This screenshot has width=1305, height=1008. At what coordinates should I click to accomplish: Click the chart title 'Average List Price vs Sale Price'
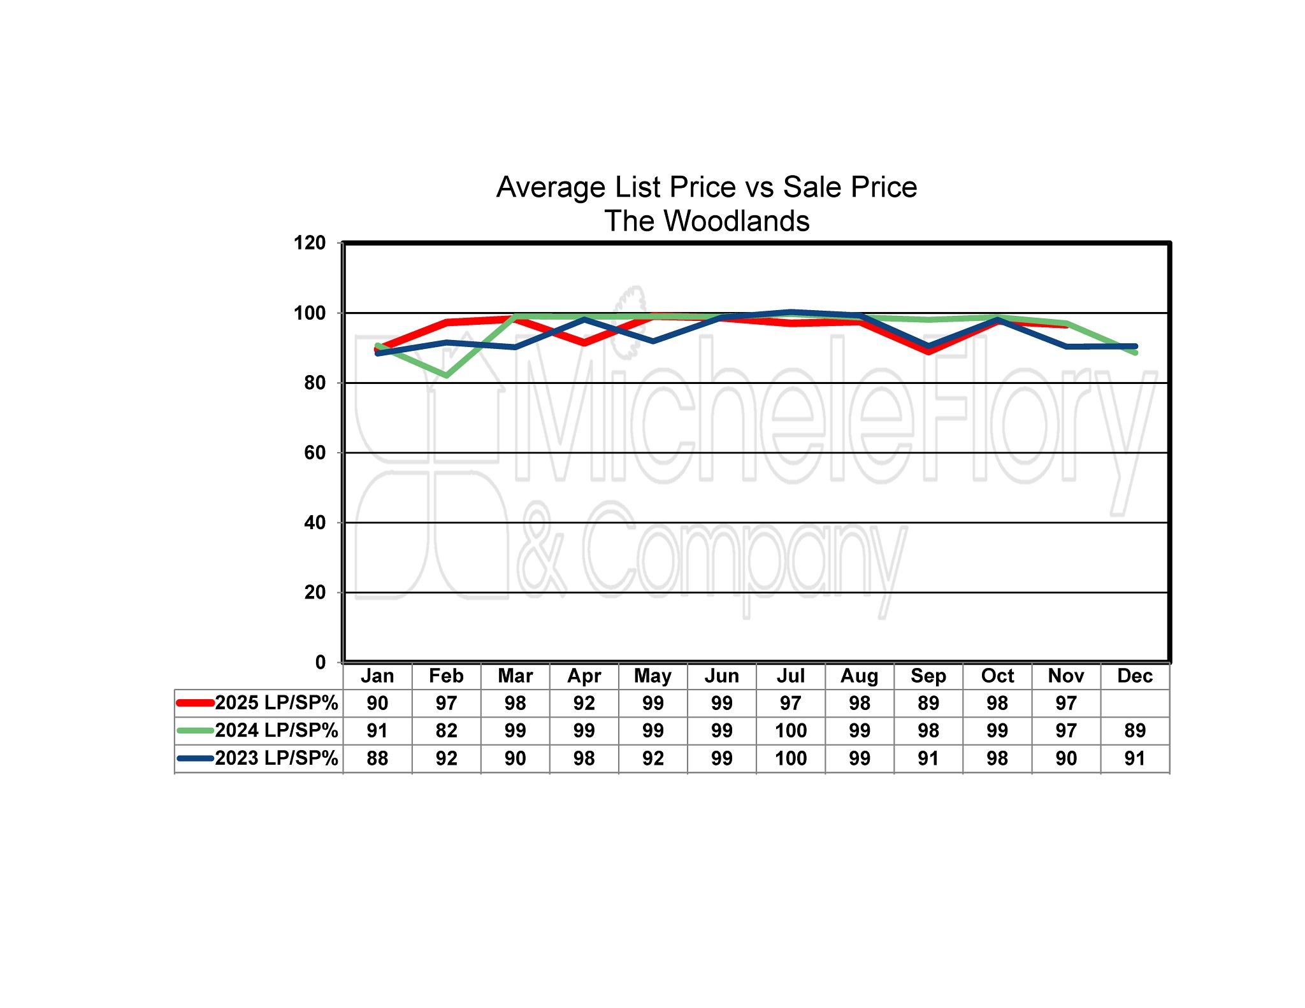pos(706,187)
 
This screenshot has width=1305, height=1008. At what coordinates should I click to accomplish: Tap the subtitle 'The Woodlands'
pos(706,221)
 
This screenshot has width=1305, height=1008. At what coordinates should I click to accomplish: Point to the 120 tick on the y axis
pos(310,243)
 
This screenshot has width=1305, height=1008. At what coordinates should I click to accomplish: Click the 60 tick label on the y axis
pos(315,453)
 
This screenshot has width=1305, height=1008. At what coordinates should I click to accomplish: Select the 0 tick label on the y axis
pos(320,662)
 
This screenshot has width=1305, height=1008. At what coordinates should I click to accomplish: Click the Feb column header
pos(446,676)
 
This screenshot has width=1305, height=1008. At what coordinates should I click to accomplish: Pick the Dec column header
pos(1135,676)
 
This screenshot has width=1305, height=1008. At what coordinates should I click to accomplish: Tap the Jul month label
pos(791,676)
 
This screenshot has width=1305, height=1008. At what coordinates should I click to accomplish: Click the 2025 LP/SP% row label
pos(276,703)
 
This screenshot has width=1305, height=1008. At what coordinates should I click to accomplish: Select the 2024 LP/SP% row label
pos(276,730)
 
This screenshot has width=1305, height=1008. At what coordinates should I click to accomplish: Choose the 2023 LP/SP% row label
pos(276,758)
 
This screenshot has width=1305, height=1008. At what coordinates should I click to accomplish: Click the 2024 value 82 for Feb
pos(446,730)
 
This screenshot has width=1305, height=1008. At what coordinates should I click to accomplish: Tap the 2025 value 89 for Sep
pos(928,703)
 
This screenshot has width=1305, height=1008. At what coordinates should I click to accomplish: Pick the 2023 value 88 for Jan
pos(377,758)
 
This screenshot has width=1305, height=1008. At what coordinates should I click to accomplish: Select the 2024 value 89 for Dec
pos(1135,730)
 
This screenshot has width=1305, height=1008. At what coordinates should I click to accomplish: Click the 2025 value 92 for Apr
pos(584,703)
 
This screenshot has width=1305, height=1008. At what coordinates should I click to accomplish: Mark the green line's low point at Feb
pos(447,376)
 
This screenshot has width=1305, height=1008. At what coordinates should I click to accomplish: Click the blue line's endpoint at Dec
pos(1135,346)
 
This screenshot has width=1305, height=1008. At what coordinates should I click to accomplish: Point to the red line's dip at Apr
pos(584,343)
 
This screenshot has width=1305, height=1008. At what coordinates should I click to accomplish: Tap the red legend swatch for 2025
pos(195,703)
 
